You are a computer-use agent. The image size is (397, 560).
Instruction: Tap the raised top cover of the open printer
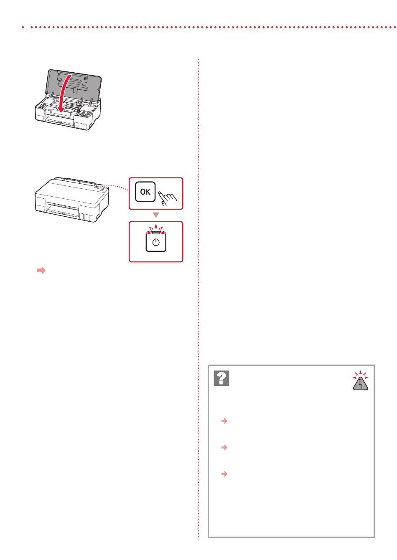(74, 83)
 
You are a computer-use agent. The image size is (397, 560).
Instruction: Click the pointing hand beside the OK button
(167, 198)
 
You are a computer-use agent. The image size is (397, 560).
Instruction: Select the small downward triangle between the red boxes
(156, 215)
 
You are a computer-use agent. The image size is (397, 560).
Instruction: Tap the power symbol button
(156, 242)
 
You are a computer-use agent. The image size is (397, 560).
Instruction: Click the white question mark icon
(221, 378)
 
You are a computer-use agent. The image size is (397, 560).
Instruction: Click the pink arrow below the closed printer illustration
(41, 270)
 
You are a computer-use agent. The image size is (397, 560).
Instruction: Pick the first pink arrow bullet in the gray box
(224, 421)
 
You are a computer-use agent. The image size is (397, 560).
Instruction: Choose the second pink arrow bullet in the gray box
(224, 447)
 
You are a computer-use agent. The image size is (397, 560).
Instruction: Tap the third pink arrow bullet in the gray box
(224, 474)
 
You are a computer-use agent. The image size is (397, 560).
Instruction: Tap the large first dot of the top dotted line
(23, 27)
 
